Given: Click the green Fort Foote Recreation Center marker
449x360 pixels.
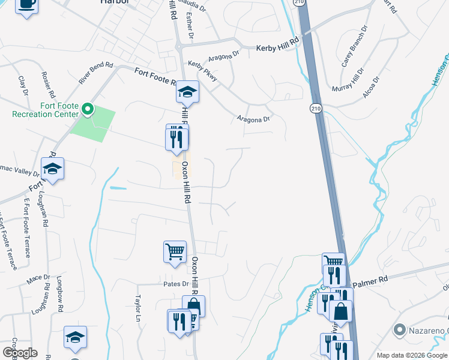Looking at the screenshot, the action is pyautogui.click(x=88, y=109).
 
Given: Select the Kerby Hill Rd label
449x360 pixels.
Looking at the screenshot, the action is pyautogui.click(x=277, y=47).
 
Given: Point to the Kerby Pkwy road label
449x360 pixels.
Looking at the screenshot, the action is pyautogui.click(x=202, y=67).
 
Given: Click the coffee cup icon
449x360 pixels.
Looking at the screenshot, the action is pyautogui.click(x=25, y=5).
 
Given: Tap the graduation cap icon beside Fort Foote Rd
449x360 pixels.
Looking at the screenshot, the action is pyautogui.click(x=187, y=92).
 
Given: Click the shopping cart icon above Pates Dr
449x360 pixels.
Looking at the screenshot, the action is pyautogui.click(x=175, y=251).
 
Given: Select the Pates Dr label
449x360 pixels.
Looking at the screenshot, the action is pyautogui.click(x=176, y=283).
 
